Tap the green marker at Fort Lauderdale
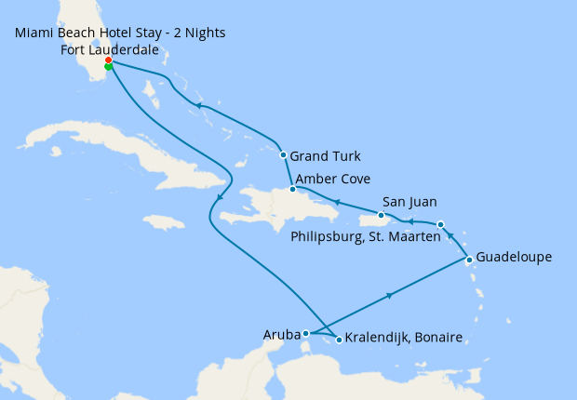pos(109,67)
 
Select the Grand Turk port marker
pos(283,155)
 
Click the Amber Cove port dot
pos(292,189)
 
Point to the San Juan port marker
pos(381,215)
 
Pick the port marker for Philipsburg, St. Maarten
pos(440,224)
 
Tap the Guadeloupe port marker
pos(469,259)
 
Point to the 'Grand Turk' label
pos(325,155)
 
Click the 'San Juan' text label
pos(409,201)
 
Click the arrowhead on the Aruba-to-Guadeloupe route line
pos(389,295)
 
